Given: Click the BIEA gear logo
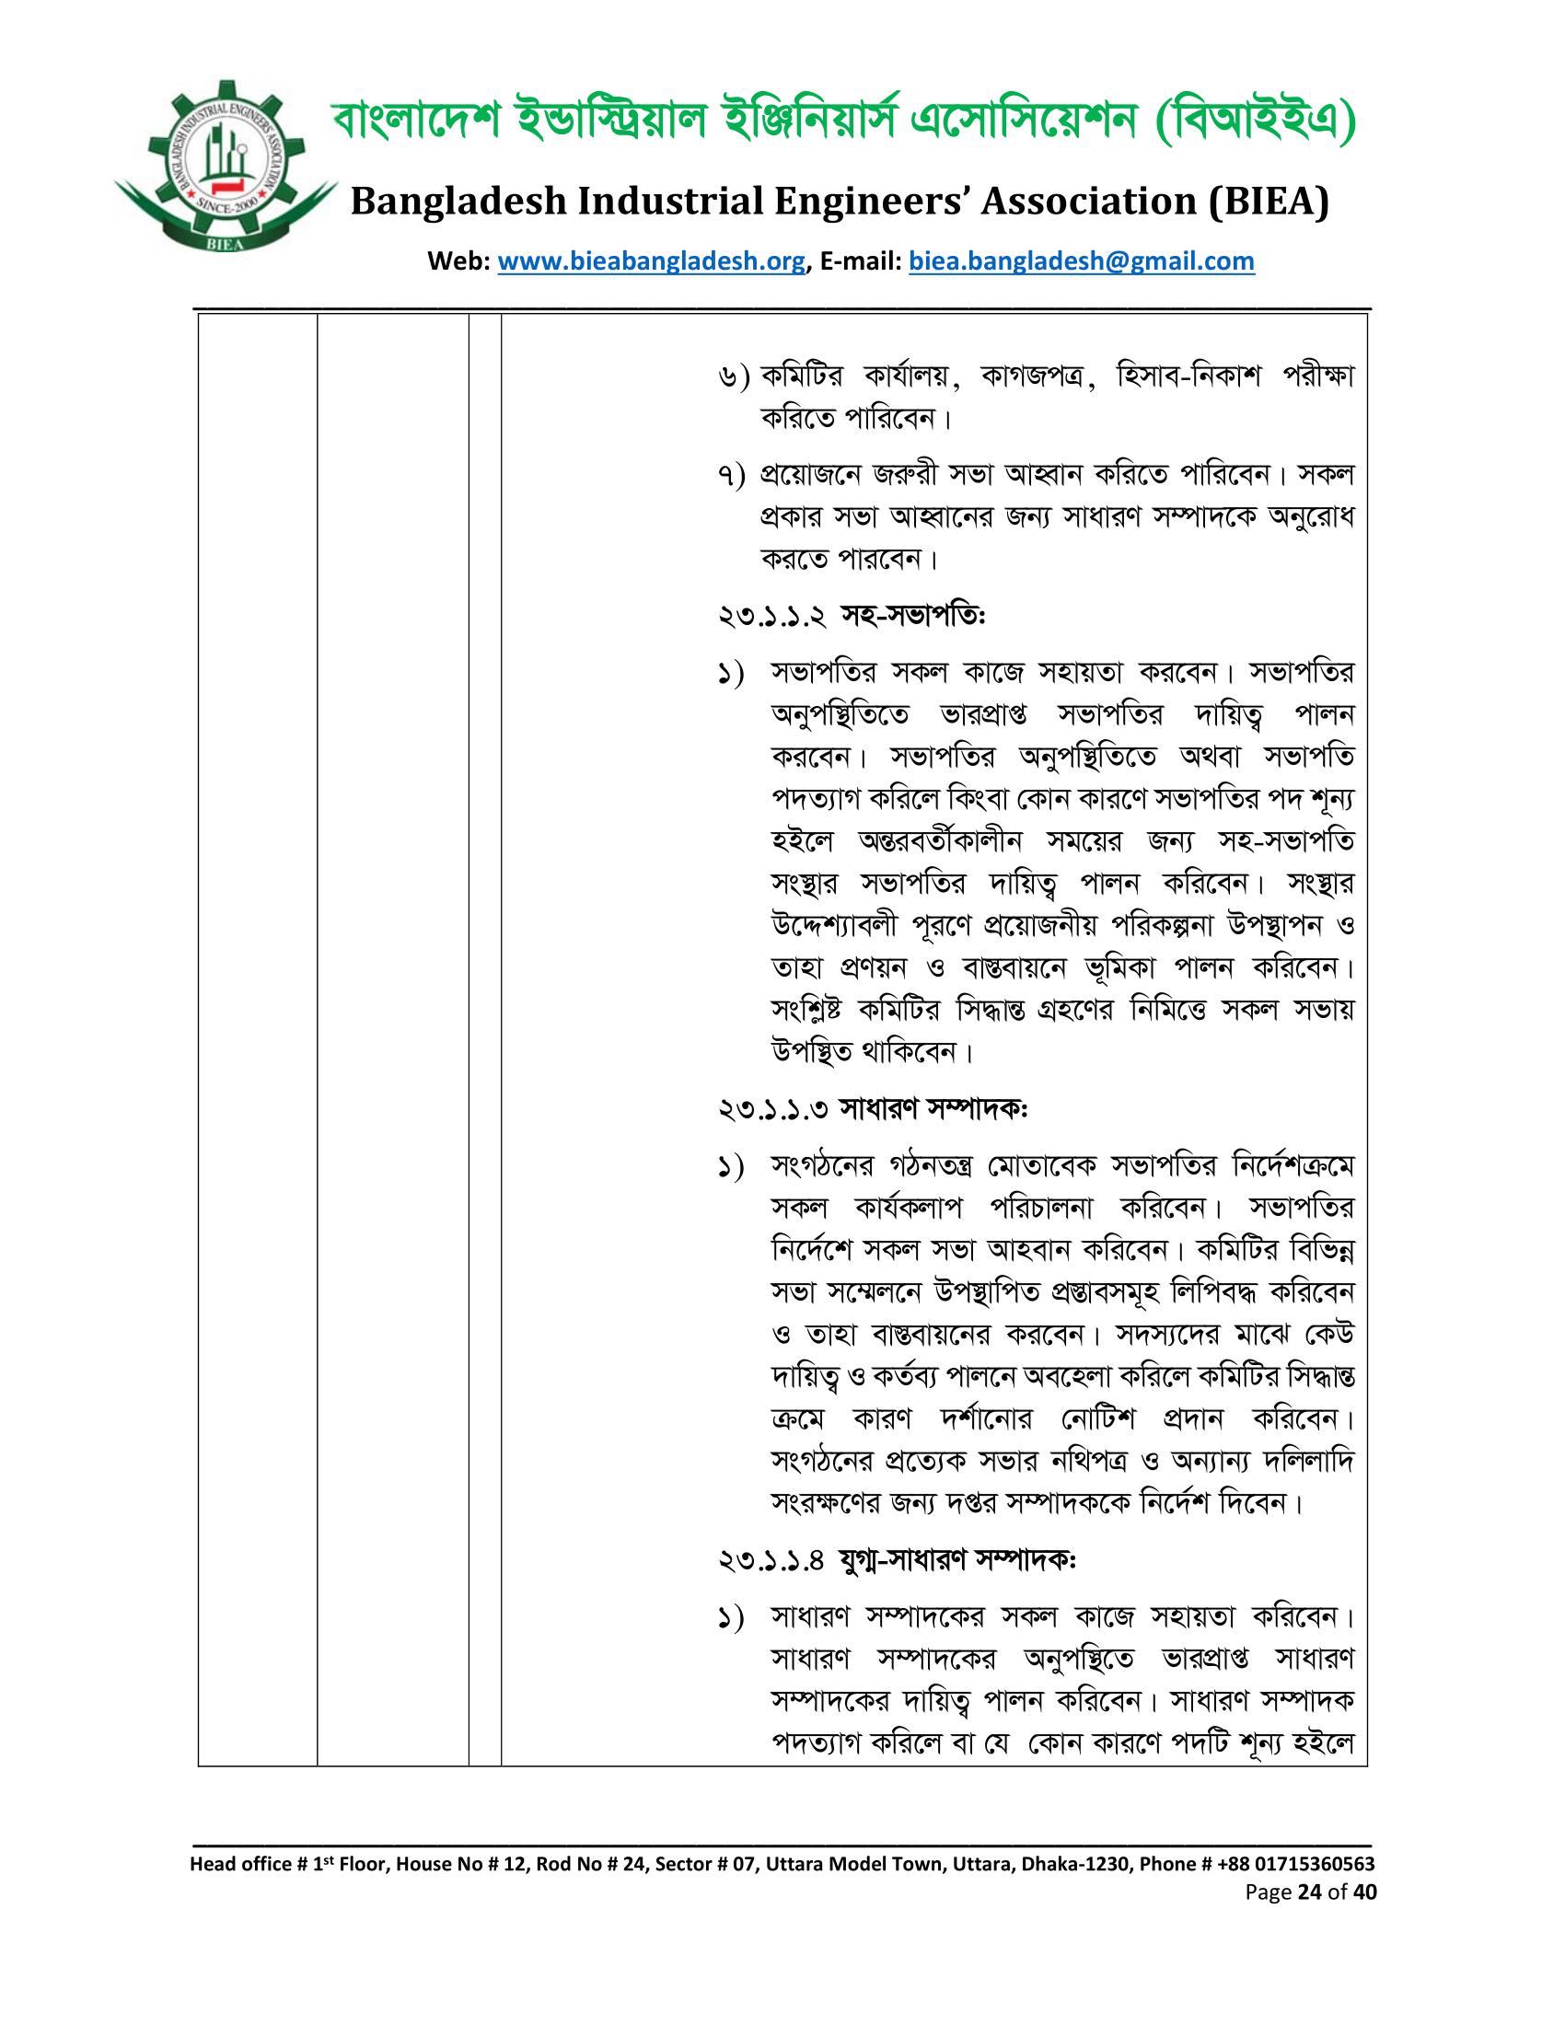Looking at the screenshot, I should click(226, 167).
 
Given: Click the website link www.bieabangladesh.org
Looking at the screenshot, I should click(651, 261).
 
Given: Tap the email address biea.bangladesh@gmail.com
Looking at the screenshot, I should click(1081, 261).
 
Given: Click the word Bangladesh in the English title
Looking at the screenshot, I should click(458, 202).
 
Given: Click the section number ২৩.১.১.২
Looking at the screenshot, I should click(771, 616).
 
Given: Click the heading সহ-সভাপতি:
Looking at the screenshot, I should click(912, 616).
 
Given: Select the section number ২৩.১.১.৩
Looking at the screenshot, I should click(772, 1109).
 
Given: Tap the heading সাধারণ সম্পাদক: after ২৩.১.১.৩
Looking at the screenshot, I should click(933, 1109).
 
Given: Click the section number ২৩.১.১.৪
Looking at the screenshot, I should click(771, 1560).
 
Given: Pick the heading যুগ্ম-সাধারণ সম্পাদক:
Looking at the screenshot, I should click(956, 1560).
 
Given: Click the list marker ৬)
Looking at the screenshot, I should click(734, 376).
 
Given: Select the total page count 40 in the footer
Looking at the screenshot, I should click(1364, 1892).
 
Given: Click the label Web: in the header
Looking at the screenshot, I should click(459, 261).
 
